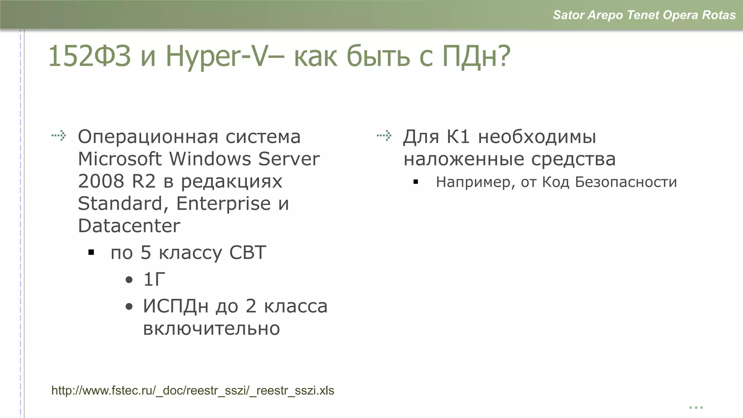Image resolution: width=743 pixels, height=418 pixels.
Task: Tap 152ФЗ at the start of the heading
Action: coord(89,56)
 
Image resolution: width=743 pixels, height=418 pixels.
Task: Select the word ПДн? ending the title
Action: coord(476,56)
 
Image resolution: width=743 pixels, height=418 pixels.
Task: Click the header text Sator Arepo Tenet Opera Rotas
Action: coord(644,15)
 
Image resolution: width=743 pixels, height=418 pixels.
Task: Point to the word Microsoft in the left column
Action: coord(120,159)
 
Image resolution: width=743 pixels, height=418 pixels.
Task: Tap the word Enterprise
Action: coord(223,203)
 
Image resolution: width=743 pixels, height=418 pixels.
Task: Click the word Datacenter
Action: coord(129,226)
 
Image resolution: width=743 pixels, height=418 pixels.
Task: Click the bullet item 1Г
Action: coord(154,279)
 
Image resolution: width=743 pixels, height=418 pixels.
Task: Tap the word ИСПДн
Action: coord(176,306)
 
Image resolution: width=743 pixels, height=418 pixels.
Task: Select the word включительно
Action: coord(211,329)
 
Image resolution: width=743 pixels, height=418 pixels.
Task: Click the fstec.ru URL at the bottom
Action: coord(193,390)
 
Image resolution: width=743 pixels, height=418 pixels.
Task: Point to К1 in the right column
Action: coord(458,137)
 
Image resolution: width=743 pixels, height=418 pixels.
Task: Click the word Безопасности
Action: coord(626,182)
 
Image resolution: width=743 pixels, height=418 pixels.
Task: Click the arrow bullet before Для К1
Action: coord(384,136)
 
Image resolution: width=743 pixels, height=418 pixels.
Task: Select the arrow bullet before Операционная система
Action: coord(59,136)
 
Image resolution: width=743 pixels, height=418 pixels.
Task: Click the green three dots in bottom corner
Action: coord(696,408)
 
